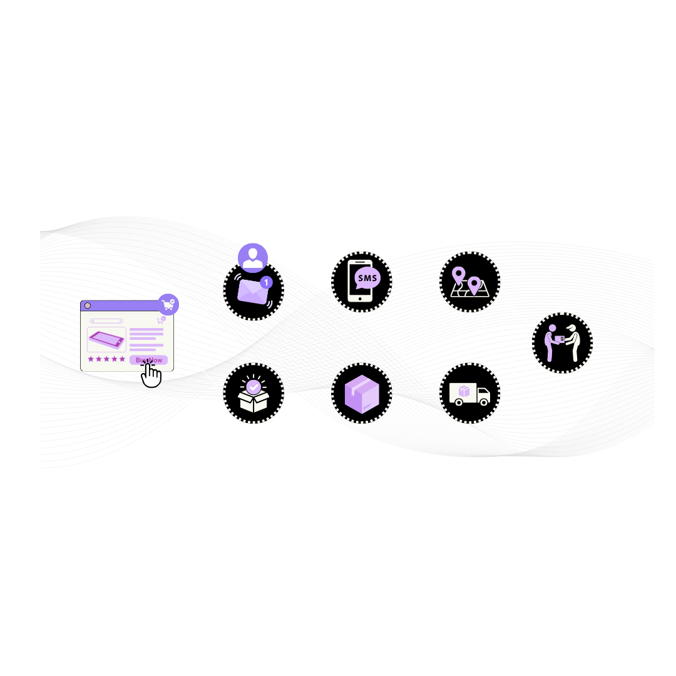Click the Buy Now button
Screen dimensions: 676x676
149,360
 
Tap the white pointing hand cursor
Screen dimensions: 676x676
151,376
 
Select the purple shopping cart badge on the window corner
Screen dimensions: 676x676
168,305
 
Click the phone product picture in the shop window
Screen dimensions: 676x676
106,340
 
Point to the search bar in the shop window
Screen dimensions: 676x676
106,321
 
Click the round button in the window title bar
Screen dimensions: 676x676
88,305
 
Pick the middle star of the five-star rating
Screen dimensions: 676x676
106,359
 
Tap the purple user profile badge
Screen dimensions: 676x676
253,257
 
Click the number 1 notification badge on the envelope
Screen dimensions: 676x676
266,282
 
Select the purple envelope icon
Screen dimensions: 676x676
252,292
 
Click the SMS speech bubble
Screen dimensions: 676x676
367,278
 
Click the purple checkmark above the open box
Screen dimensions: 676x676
253,387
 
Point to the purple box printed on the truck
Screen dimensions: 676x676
464,391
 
